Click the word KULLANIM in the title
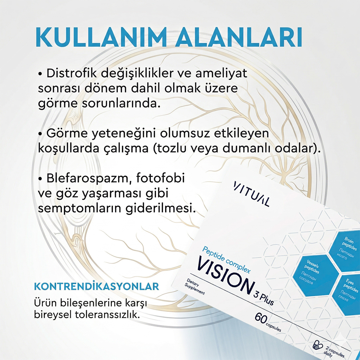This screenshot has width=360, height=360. click(101, 38)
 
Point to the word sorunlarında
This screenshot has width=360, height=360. click(121, 103)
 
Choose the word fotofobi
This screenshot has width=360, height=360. click(160, 178)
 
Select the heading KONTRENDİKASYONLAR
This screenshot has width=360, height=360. click(96, 286)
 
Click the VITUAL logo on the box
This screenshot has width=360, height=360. click(251, 194)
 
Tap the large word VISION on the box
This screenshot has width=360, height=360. click(225, 275)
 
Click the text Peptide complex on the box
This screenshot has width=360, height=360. click(226, 259)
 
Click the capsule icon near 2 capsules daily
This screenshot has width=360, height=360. click(318, 345)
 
